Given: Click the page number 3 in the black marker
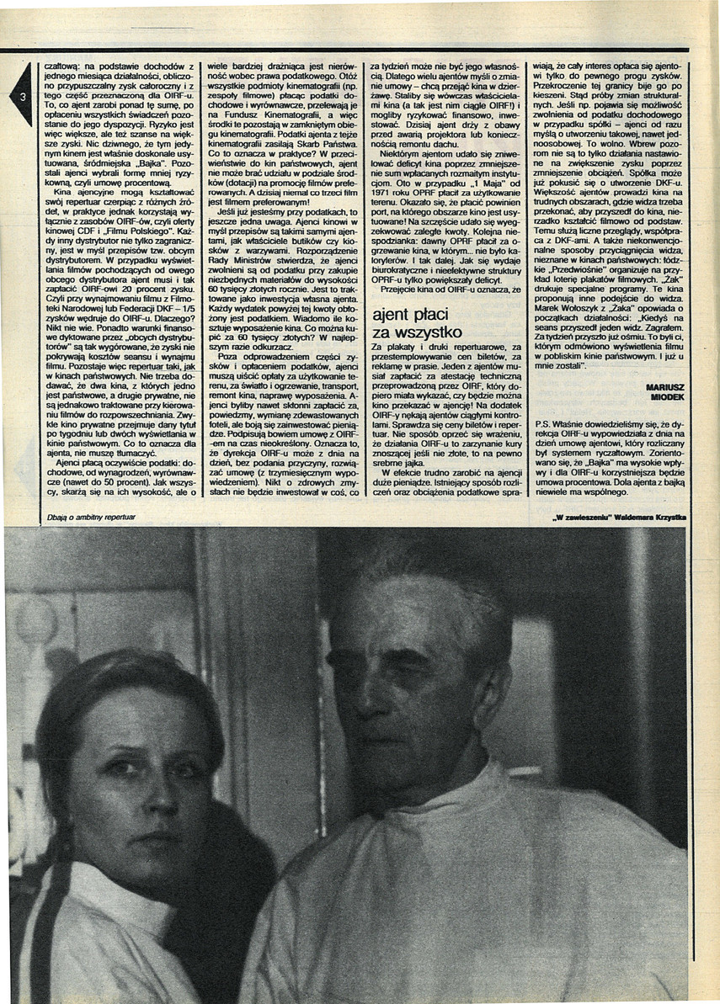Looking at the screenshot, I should (x=24, y=95).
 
